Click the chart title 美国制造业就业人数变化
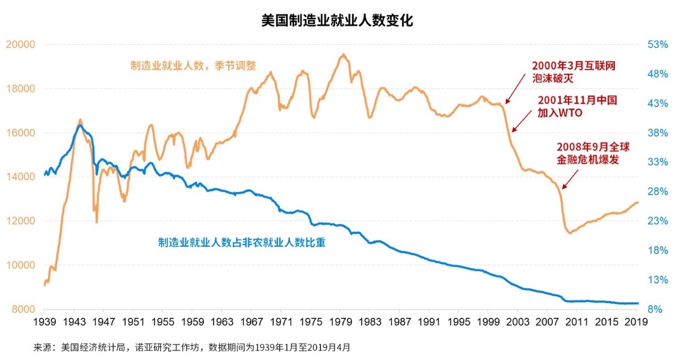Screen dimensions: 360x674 point(337,21)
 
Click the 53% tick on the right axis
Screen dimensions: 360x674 point(658,44)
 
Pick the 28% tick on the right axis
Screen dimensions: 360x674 point(658,191)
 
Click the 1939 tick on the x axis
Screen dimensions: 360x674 point(44,322)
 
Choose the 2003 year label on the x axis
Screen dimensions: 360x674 point(518,322)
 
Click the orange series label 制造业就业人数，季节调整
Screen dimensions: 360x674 point(194,66)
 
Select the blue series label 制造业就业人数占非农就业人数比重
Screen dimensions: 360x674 point(242,242)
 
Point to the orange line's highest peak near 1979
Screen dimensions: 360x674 point(343,54)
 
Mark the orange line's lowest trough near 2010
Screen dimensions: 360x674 point(569,233)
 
